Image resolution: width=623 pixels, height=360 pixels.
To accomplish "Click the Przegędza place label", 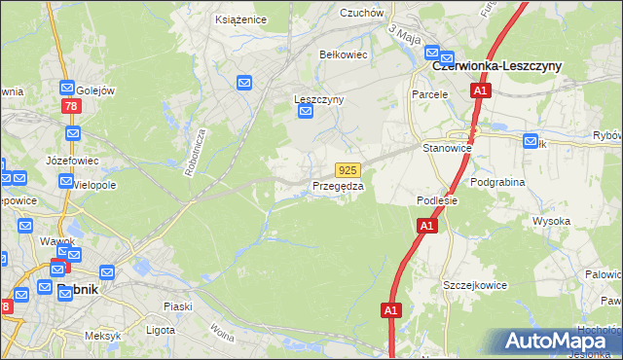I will pyautogui.click(x=338, y=186).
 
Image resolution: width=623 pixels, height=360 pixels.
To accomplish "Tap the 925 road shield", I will pyautogui.click(x=348, y=169).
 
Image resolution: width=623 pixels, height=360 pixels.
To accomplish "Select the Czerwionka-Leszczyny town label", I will pyautogui.click(x=496, y=65).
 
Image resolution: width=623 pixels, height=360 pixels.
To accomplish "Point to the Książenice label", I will pyautogui.click(x=239, y=18).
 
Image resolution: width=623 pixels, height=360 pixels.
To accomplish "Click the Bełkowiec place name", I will pyautogui.click(x=344, y=54).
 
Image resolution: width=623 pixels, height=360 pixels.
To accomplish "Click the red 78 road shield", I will pyautogui.click(x=69, y=105).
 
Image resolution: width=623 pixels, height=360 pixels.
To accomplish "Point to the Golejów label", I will pyautogui.click(x=95, y=90).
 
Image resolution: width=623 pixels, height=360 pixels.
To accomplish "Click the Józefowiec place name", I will pyautogui.click(x=68, y=159).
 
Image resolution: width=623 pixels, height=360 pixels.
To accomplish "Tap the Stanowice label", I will pyautogui.click(x=447, y=148).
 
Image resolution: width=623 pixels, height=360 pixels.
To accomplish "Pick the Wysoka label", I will pyautogui.click(x=551, y=221).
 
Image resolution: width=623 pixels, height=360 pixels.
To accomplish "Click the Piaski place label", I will pyautogui.click(x=177, y=306).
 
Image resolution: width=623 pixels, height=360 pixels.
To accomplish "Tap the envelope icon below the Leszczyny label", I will pyautogui.click(x=306, y=114).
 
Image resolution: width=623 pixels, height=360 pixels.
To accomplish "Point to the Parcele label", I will pyautogui.click(x=429, y=94).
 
